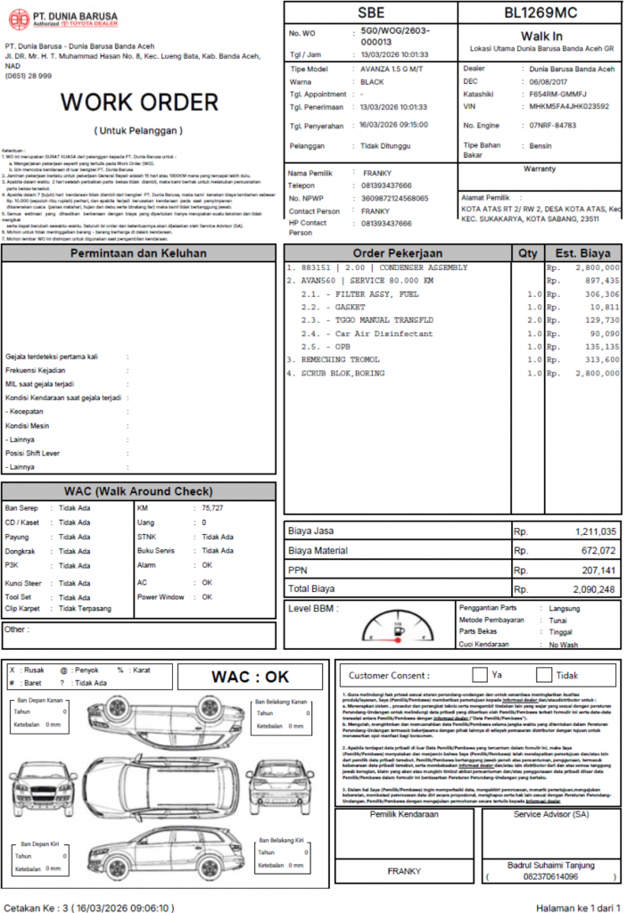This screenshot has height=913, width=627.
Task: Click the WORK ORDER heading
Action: tap(139, 102)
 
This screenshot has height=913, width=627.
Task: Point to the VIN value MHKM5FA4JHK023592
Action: tap(569, 106)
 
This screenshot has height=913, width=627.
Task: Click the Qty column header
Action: tap(527, 252)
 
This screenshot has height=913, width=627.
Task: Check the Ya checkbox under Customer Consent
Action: tap(480, 675)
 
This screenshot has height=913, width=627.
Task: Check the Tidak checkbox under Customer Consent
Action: tap(544, 675)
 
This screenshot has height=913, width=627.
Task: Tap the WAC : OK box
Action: tap(250, 677)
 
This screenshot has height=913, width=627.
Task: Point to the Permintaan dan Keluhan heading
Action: tap(138, 253)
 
